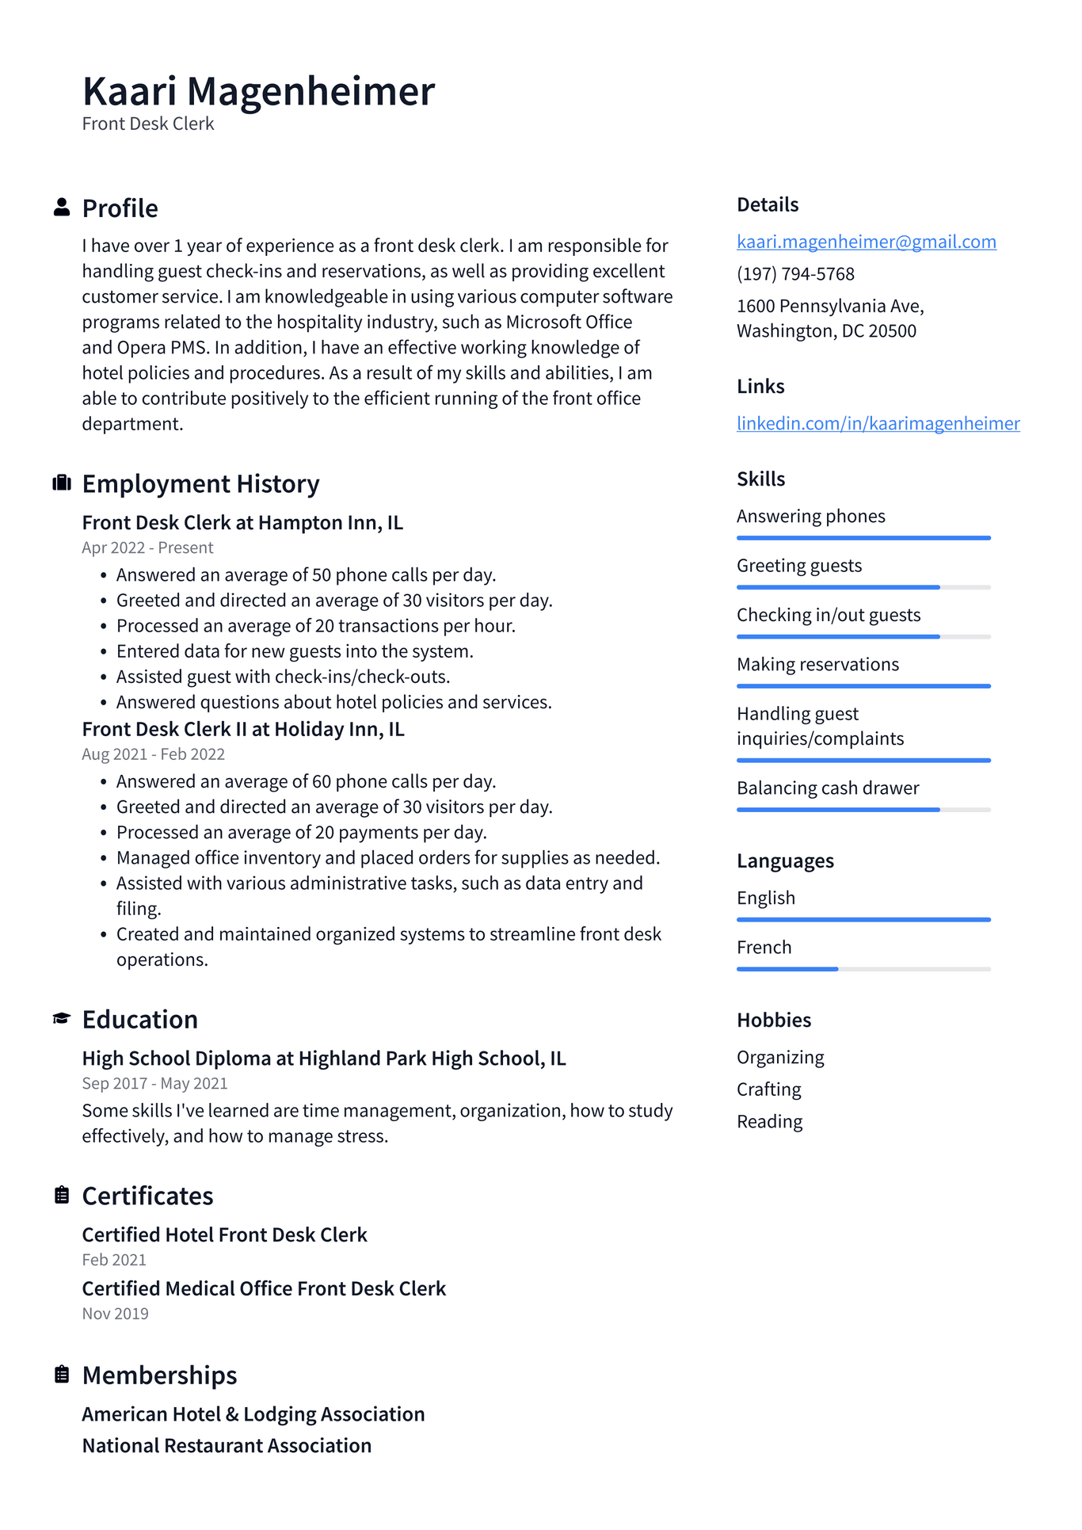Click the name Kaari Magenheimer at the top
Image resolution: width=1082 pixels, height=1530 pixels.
(x=258, y=91)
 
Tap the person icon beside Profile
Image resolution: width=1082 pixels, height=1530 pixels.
(x=62, y=208)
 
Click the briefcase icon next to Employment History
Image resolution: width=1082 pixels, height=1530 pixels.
(x=62, y=483)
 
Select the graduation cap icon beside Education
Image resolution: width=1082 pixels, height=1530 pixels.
(x=62, y=1019)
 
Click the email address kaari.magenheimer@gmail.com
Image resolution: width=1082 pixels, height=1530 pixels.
(x=866, y=242)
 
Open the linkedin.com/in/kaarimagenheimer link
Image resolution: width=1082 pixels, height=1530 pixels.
(x=878, y=423)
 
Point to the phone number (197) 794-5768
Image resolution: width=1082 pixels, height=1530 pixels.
(x=795, y=274)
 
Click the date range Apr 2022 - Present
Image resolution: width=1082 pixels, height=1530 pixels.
(x=147, y=548)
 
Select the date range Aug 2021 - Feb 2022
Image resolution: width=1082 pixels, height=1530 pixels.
(x=153, y=754)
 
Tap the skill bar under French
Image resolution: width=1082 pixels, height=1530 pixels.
(x=863, y=969)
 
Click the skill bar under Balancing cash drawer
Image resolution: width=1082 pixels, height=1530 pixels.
(x=863, y=810)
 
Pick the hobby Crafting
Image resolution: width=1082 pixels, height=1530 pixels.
(x=768, y=1089)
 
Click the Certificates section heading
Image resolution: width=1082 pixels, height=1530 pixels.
(x=147, y=1196)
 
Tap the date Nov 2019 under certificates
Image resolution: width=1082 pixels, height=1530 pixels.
(x=115, y=1314)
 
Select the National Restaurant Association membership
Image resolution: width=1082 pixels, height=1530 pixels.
(x=227, y=1446)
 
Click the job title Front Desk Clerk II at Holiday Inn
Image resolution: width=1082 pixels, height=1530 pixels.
(x=243, y=729)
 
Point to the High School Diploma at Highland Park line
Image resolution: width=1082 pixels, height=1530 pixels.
(x=324, y=1059)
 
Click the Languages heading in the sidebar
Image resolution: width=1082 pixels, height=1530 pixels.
(x=785, y=860)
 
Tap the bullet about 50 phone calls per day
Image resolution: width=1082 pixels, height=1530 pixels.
(x=306, y=575)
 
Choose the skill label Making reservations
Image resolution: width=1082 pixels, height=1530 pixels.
(x=817, y=665)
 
